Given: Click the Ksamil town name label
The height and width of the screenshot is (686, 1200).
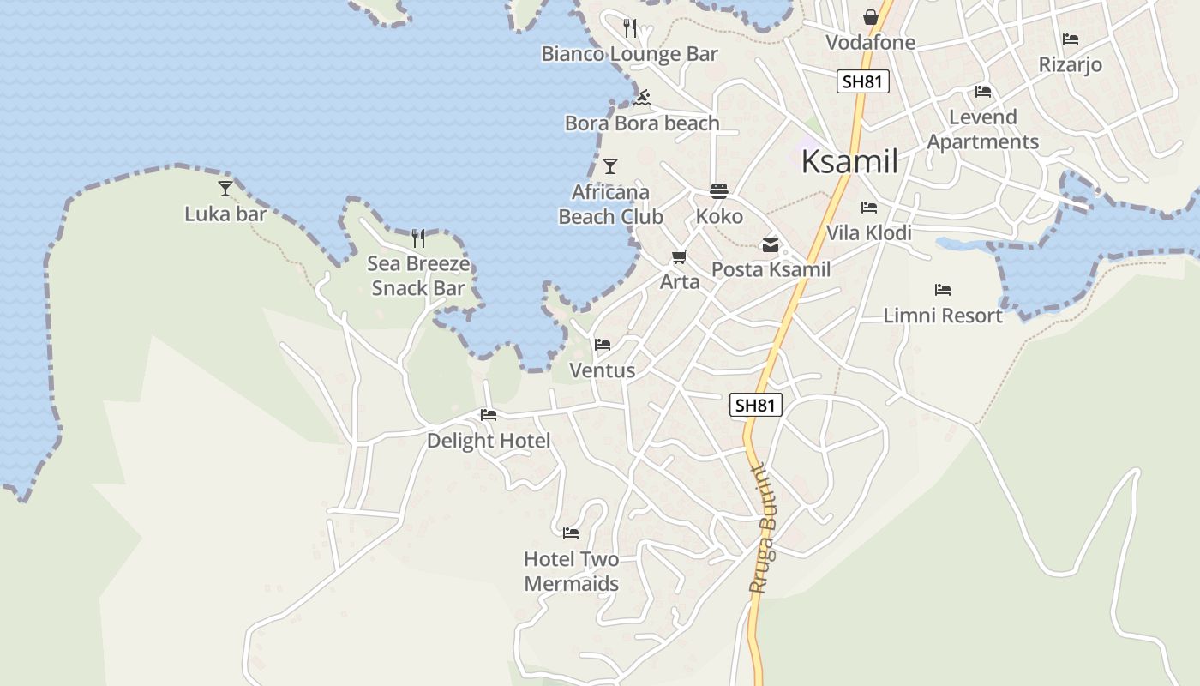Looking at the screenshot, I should point(849,161).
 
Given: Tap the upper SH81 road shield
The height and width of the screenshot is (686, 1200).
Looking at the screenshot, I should point(862,81).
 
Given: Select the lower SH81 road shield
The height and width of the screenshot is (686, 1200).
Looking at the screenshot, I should point(756,405).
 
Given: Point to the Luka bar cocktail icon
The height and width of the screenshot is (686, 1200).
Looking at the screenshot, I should point(225,188).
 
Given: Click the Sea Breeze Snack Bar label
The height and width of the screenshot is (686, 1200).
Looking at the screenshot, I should point(418,275).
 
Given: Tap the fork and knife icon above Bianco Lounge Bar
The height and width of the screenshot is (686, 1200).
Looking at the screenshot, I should point(631,28).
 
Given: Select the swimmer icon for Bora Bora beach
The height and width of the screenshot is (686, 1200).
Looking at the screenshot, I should point(643,98).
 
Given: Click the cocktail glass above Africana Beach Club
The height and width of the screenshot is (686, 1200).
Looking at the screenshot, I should point(610,165).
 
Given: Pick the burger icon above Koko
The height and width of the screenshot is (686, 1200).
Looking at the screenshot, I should point(718,190).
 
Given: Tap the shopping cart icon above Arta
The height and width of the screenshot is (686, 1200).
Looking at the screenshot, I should point(680,256).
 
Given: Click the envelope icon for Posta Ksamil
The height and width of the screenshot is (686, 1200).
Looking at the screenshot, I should point(771,245).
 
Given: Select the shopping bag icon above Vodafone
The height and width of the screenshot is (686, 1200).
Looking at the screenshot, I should point(871,17).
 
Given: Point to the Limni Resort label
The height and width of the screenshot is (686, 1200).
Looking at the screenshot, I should point(943,316).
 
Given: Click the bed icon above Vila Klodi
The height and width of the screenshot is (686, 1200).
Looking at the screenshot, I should point(869,208).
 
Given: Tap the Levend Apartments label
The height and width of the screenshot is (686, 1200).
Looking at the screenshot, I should point(983,129).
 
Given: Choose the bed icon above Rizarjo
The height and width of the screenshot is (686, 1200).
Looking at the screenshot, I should point(1070,39).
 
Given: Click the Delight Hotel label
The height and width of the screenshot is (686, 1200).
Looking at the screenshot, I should point(489,441).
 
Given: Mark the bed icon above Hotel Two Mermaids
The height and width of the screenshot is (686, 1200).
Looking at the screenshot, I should point(571,533).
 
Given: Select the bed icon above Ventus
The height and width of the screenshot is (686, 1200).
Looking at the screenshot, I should point(603,345).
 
